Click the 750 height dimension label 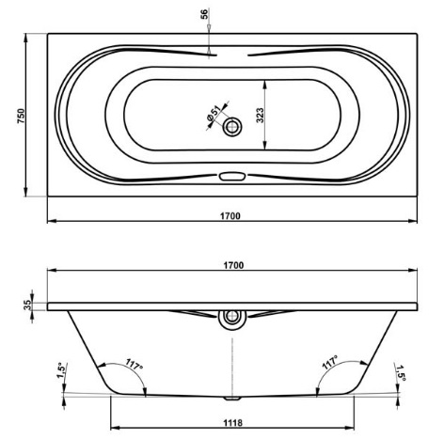21,116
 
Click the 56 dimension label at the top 204,14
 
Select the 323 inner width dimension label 260,115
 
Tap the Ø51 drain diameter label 213,114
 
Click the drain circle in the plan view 232,127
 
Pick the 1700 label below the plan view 230,216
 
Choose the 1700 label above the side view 233,265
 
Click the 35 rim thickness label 27,305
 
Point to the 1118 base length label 233,423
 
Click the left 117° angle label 135,364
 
